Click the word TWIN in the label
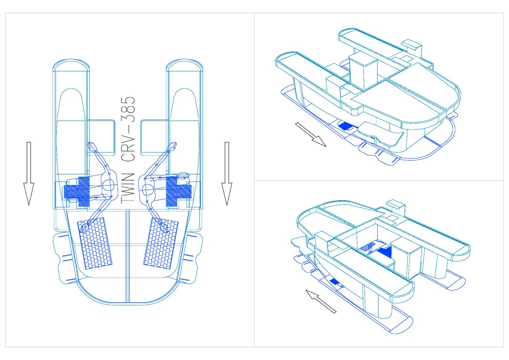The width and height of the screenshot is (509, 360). (127, 188)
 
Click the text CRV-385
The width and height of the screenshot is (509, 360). (127, 130)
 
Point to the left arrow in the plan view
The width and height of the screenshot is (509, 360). (29, 173)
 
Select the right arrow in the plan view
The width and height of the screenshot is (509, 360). (226, 173)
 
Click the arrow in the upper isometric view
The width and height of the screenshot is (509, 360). (310, 135)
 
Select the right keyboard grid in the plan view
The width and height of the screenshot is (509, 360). (161, 243)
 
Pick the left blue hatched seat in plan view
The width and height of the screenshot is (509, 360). (77, 192)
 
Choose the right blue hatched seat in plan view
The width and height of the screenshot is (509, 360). (179, 192)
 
